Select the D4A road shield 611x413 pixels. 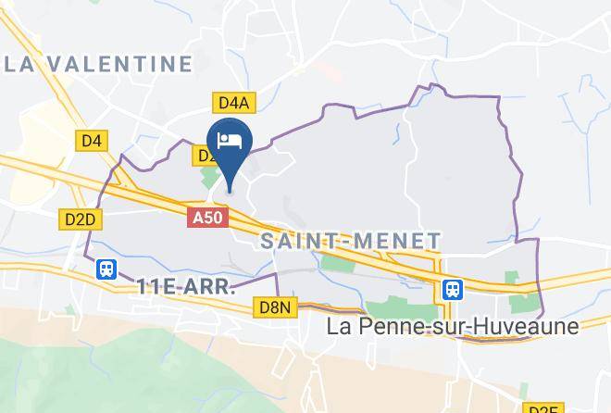click(x=231, y=102)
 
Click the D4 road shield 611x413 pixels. click(x=91, y=140)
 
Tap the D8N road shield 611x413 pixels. click(x=274, y=307)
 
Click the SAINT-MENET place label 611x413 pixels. click(x=351, y=241)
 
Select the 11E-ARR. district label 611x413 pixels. click(x=185, y=286)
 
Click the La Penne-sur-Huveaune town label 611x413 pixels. click(x=454, y=327)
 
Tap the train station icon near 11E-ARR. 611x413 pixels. click(x=107, y=269)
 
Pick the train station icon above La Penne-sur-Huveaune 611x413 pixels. click(x=452, y=289)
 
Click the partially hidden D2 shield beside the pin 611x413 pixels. click(x=205, y=156)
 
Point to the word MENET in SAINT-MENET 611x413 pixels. click(x=399, y=241)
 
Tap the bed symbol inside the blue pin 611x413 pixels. click(x=230, y=140)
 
